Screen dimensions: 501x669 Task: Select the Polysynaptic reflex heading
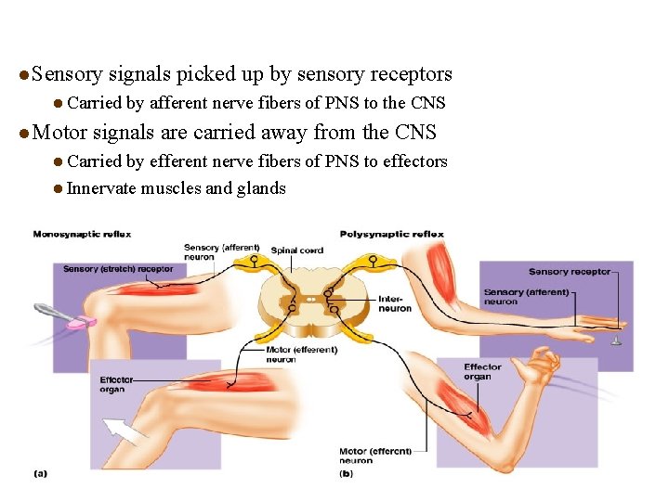click(x=391, y=234)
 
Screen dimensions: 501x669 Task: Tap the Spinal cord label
click(x=297, y=250)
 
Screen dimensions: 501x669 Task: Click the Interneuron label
click(x=394, y=303)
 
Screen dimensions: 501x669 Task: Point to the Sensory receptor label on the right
click(x=570, y=272)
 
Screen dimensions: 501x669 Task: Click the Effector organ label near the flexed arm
click(x=482, y=372)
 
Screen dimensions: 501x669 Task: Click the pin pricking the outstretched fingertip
click(x=616, y=340)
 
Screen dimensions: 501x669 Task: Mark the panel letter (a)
click(x=40, y=473)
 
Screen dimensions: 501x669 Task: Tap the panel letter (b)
click(x=346, y=473)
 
